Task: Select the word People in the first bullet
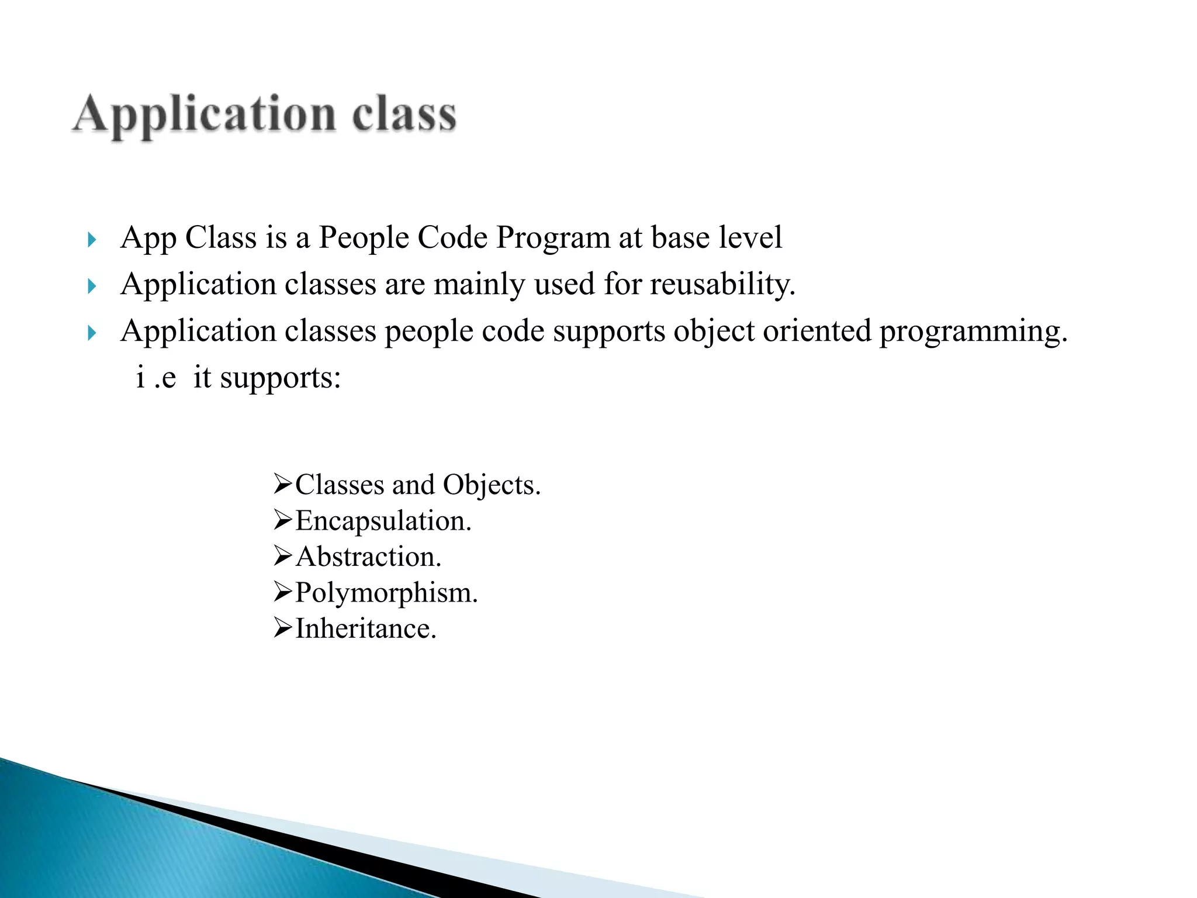coord(362,239)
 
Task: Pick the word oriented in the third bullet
coord(817,331)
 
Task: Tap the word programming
coord(973,331)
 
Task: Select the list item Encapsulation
coord(383,521)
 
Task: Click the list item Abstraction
coord(368,557)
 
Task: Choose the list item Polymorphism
coord(386,593)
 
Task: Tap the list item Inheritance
coord(365,629)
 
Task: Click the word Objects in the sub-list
coord(491,485)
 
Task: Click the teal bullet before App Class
coord(91,240)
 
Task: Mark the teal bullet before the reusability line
coord(91,286)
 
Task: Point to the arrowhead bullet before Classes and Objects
coord(282,485)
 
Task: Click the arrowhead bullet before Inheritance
coord(282,629)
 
